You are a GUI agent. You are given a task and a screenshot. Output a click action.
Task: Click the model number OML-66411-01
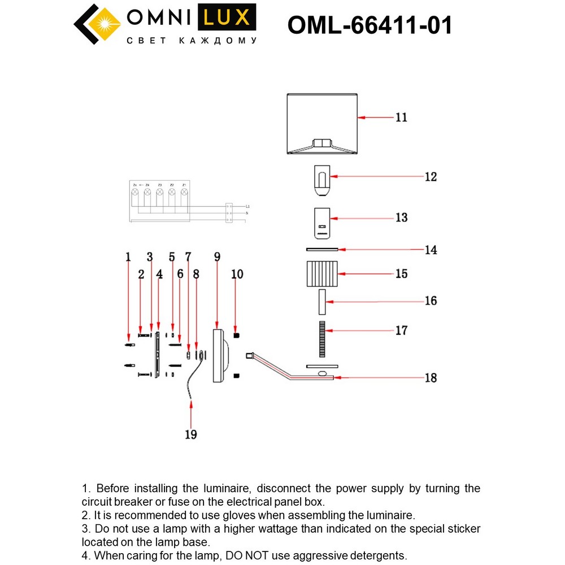click(x=370, y=25)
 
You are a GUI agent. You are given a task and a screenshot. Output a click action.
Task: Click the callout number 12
click(x=431, y=177)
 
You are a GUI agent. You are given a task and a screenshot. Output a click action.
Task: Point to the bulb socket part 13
click(x=321, y=223)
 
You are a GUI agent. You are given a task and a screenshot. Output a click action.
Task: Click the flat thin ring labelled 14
click(x=321, y=249)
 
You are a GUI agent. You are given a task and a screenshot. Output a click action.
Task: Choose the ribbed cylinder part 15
click(x=321, y=274)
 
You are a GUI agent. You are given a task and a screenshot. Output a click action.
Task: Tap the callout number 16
click(x=431, y=301)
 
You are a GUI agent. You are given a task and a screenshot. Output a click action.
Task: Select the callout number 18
click(x=431, y=377)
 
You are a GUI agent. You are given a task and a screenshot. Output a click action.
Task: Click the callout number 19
click(x=191, y=434)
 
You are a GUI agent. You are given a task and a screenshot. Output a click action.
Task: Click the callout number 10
click(x=237, y=274)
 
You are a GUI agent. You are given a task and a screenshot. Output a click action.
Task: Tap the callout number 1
click(x=128, y=257)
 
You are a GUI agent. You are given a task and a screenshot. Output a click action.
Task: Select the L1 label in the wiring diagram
click(x=247, y=207)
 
